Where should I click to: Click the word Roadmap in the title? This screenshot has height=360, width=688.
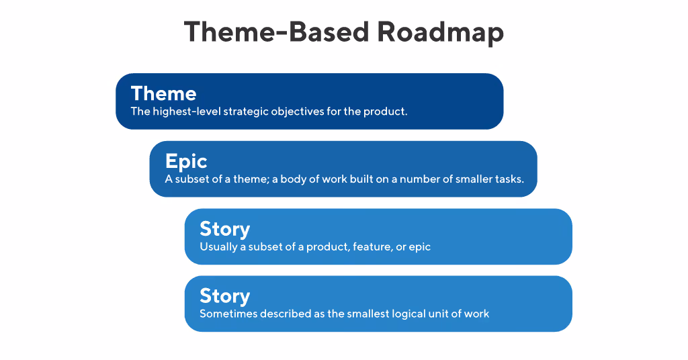point(440,32)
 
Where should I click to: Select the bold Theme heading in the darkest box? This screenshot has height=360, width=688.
point(163,93)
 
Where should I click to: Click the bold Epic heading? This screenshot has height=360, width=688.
point(186,161)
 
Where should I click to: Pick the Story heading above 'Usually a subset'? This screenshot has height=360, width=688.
point(224,228)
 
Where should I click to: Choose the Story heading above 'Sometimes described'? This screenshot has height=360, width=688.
point(224,296)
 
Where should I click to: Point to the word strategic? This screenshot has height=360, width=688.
point(245,111)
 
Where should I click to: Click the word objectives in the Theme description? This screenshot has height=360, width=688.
point(296,111)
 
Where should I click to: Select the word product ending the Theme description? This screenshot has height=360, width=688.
point(385,111)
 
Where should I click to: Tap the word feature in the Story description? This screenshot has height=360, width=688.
point(373,246)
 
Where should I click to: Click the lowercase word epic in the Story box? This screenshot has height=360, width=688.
point(419,246)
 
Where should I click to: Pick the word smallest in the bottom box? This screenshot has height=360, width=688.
point(368,314)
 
